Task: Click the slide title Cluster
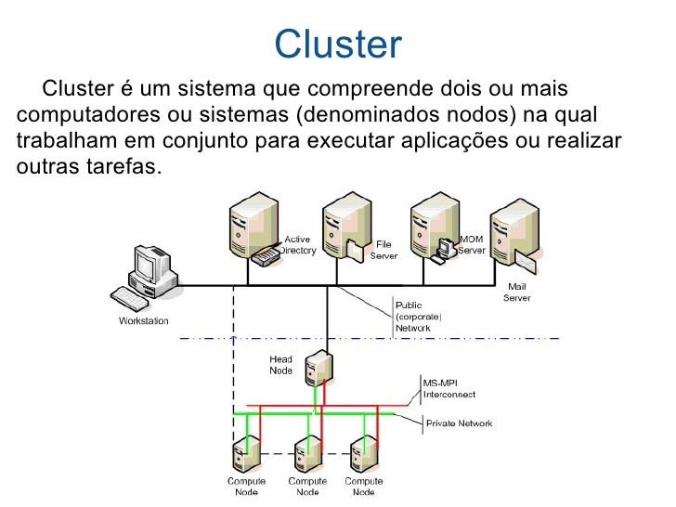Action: (x=338, y=44)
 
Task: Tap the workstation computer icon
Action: (x=145, y=277)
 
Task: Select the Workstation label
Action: (x=144, y=321)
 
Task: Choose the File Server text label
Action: (x=383, y=251)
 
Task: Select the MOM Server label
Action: (x=472, y=245)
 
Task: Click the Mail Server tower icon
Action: (x=513, y=233)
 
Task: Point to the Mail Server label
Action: (x=517, y=292)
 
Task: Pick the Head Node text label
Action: (x=280, y=365)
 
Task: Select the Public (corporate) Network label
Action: (x=419, y=316)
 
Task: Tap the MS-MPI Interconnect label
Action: (x=449, y=388)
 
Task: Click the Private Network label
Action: (x=459, y=423)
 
